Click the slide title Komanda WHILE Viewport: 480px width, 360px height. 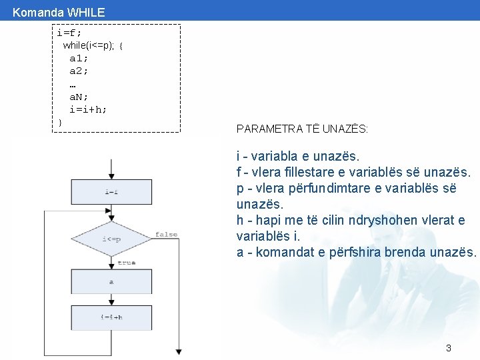tap(59, 12)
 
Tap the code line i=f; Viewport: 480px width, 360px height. tap(69, 33)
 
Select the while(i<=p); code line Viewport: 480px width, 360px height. tap(93, 45)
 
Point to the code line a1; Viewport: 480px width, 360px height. tap(79, 58)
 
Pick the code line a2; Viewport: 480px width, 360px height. tap(79, 71)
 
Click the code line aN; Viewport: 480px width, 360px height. tap(79, 97)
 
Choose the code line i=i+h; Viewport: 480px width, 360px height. tap(88, 109)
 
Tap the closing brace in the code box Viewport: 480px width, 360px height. tap(60, 122)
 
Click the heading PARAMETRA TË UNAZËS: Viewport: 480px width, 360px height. tap(302, 129)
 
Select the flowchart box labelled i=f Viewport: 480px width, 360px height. tap(111, 192)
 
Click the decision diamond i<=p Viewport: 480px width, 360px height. tap(111, 239)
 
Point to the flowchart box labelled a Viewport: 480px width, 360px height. tap(111, 282)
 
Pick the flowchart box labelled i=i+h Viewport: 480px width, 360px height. tap(111, 317)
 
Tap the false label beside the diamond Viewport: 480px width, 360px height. tap(166, 234)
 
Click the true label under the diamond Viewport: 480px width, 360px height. tap(126, 263)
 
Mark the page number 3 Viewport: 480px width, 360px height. tap(449, 348)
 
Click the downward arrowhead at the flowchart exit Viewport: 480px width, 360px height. tap(178, 351)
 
